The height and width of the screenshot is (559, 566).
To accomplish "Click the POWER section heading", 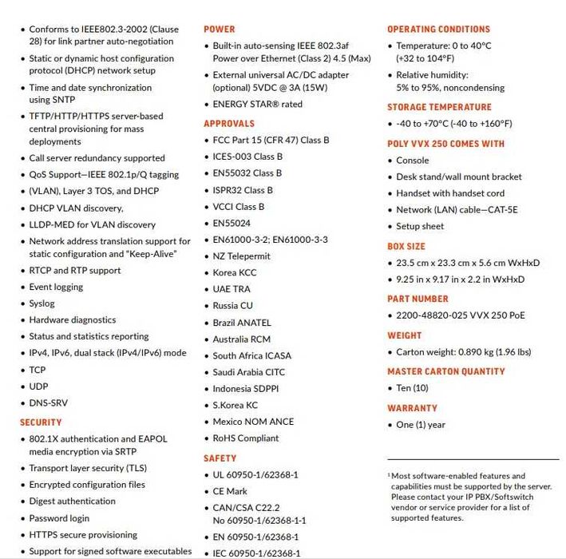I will [x=219, y=29].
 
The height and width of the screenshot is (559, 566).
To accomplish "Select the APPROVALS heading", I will [x=228, y=124].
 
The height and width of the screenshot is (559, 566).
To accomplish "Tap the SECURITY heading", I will [x=40, y=422].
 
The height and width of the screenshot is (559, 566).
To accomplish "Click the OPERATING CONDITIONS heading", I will [x=438, y=29].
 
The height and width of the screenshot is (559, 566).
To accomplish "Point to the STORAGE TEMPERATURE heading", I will [x=439, y=107].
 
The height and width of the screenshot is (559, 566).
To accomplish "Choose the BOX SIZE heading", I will [x=406, y=247].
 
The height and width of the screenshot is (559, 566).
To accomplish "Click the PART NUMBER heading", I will [x=418, y=299].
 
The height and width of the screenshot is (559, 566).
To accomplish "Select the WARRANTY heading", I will [x=412, y=408].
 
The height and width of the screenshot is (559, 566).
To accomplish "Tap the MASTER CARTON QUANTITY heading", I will [x=445, y=371].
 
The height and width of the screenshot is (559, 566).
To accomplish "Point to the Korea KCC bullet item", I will [x=236, y=272].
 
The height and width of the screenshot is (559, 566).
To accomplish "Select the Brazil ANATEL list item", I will [x=242, y=323].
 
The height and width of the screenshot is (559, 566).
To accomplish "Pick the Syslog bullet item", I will [x=42, y=303].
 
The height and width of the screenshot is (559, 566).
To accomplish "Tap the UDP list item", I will [x=38, y=387].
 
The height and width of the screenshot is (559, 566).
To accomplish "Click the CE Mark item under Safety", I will [x=230, y=491].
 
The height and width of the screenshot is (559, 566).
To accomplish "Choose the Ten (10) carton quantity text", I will [x=412, y=388].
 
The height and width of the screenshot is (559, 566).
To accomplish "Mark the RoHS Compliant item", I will [x=246, y=438].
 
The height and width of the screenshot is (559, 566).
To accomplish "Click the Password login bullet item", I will [x=59, y=518].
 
